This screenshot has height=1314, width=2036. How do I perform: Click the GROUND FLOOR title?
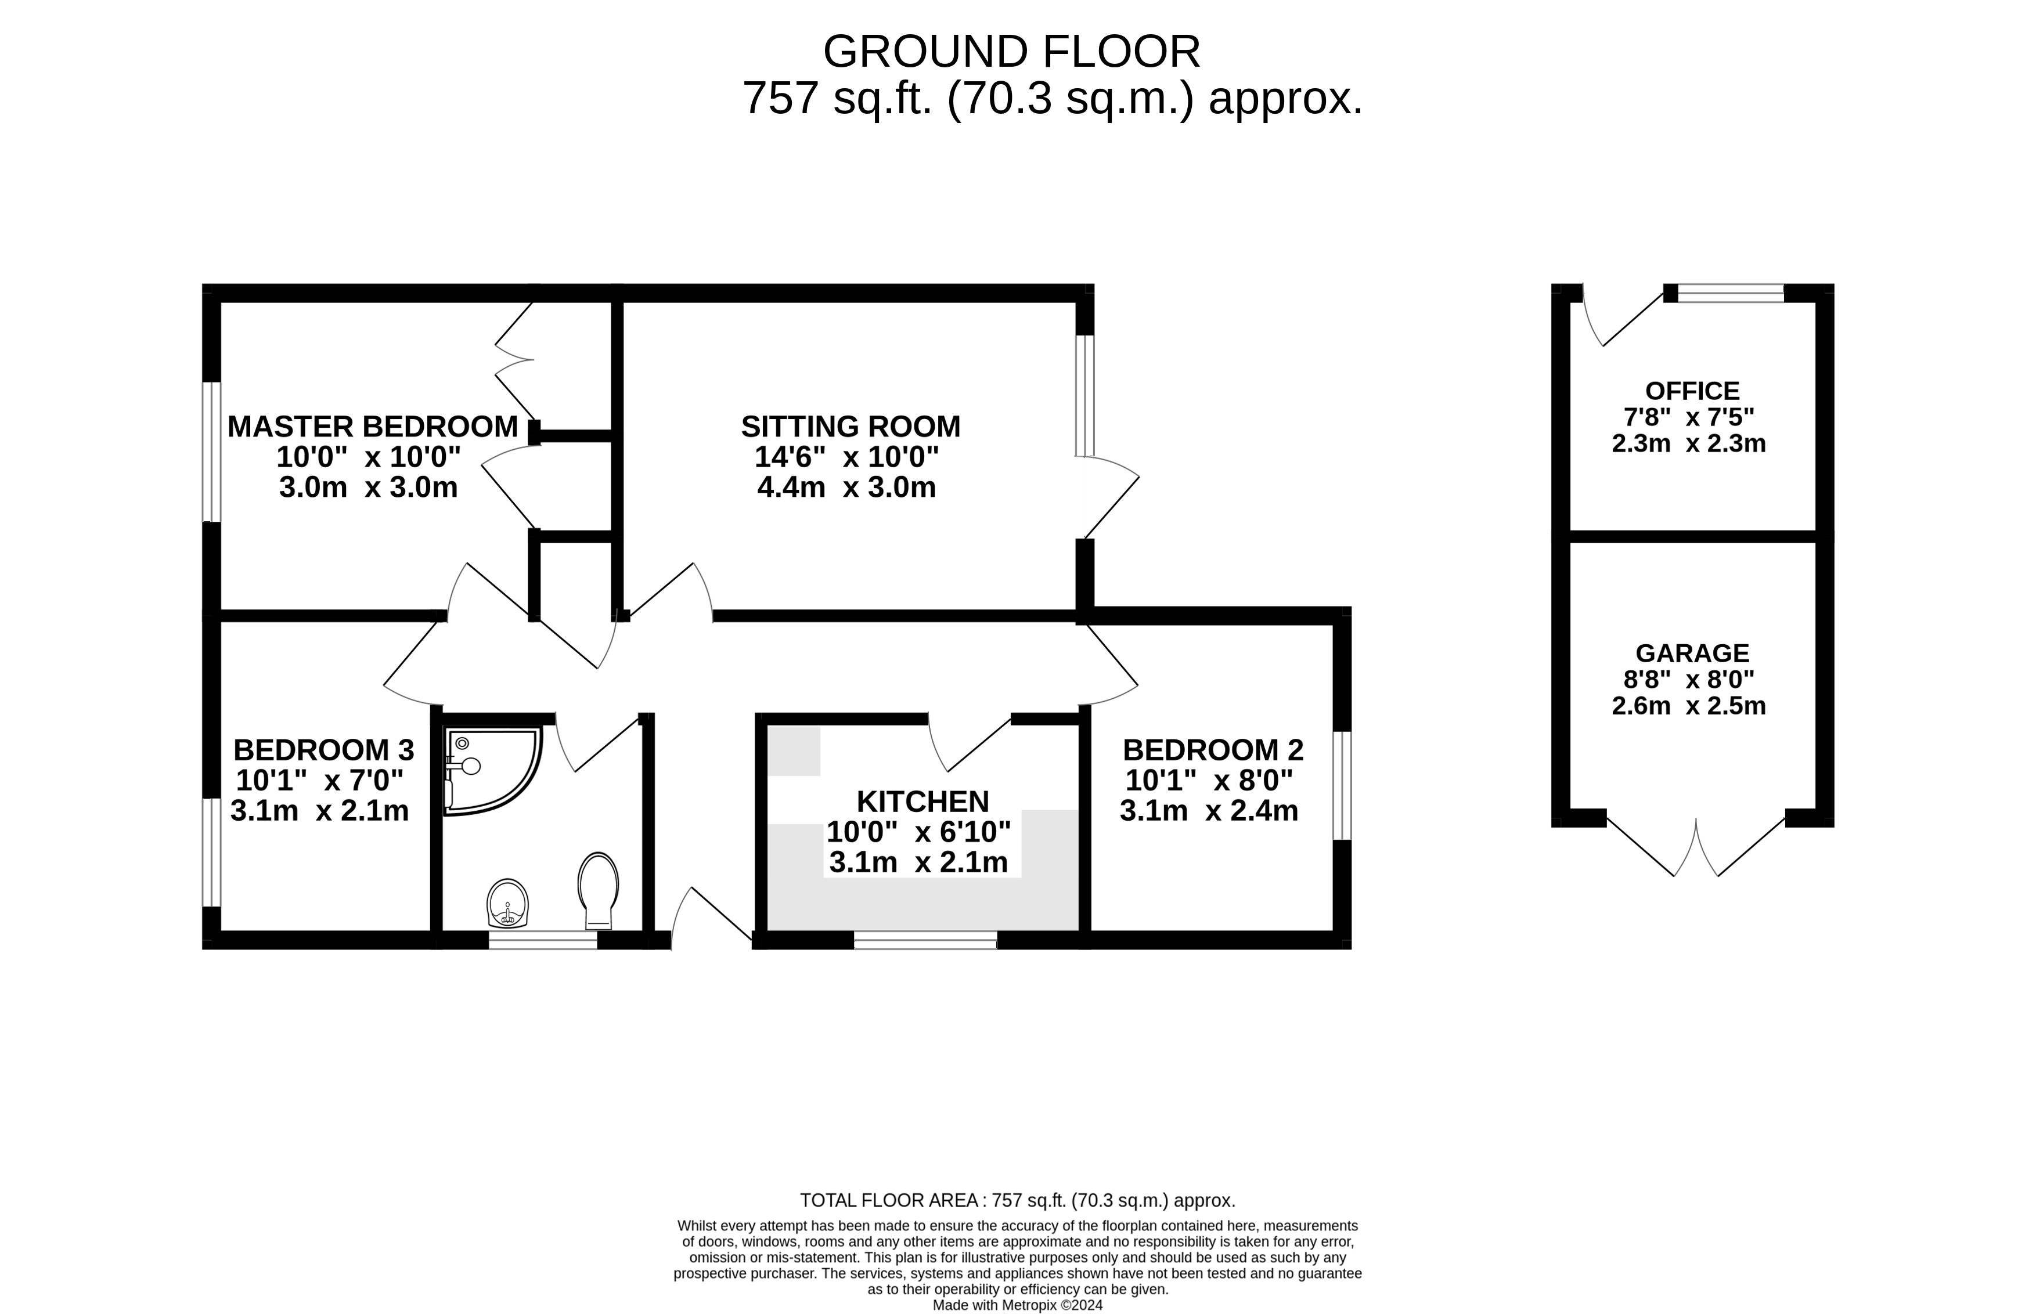point(1011,52)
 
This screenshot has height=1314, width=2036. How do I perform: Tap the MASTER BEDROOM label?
point(372,427)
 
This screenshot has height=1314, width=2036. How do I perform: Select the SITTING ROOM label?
point(850,427)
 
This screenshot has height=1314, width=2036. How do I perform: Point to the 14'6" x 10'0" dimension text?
point(846,457)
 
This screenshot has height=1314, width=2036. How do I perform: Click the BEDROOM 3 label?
point(323,750)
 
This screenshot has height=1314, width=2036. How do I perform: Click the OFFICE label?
point(1691,391)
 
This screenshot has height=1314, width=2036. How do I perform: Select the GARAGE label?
point(1691,653)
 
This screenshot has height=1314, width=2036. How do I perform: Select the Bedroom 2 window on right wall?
point(1342,785)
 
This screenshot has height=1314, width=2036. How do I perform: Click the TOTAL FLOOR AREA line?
point(1017,1200)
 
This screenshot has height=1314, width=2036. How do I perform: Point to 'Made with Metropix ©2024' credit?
point(1017,1305)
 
